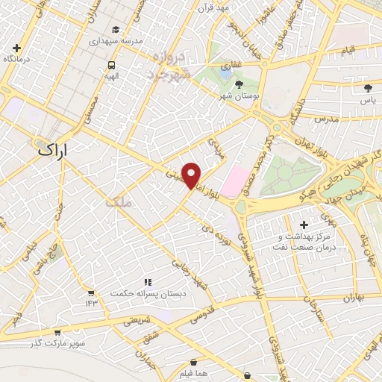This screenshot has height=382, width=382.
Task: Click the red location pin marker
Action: coord(192,175)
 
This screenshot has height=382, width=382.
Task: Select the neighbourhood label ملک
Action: coord(116,201)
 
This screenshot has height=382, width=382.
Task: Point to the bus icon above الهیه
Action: coord(111,64)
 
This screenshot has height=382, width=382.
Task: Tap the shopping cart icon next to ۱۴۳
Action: coord(91,292)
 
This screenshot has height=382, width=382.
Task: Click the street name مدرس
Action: coord(325,119)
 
